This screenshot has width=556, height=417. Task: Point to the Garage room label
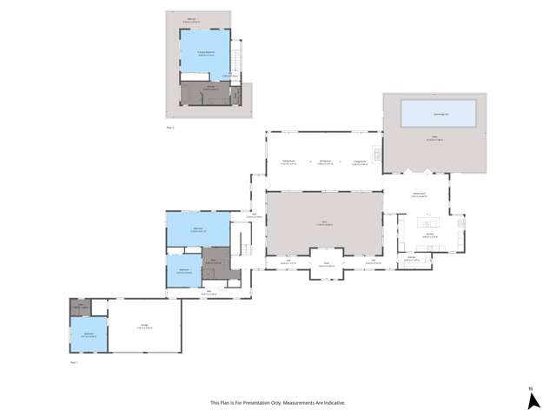[144, 326]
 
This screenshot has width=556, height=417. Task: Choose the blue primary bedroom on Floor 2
[205, 54]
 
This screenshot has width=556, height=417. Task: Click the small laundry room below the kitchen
[411, 258]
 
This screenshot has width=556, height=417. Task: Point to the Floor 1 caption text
[74, 361]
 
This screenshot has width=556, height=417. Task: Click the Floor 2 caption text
[170, 128]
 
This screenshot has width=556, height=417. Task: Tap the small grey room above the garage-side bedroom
[80, 307]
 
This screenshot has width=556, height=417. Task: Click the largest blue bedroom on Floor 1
[198, 229]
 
